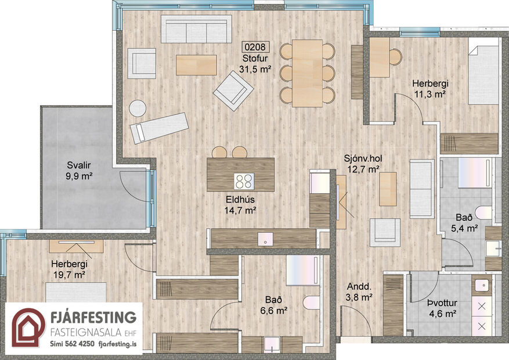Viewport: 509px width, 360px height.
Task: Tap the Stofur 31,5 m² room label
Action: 256,63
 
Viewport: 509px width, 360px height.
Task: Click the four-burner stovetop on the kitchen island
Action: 244,181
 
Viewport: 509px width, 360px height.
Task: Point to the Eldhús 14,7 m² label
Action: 241,205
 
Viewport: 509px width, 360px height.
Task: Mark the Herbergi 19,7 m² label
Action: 68,268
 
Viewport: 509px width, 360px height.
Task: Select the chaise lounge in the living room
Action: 160,127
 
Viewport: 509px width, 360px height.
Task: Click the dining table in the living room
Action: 307,73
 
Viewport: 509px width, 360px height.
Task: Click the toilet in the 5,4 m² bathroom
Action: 483,213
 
